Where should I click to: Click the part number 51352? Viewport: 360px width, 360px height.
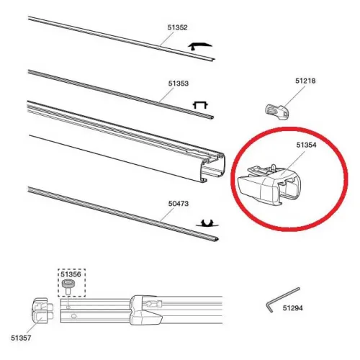point(177,27)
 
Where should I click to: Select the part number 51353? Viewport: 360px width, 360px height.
point(179,84)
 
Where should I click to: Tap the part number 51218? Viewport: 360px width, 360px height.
point(305,81)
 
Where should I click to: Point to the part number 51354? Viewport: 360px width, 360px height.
point(306,145)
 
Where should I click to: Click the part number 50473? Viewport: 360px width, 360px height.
point(179,204)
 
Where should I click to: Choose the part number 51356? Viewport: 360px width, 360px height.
point(71,274)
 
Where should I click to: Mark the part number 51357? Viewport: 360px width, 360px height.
point(21,338)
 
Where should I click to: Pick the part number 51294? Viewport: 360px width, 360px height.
point(292,307)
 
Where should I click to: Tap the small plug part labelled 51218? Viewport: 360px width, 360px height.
point(276,112)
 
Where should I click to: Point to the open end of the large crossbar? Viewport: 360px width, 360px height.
point(213,167)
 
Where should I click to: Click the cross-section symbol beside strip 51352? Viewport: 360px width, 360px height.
point(200,46)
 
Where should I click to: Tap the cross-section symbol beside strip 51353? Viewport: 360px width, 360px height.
point(200,105)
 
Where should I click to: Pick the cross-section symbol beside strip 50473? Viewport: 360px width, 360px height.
point(207,223)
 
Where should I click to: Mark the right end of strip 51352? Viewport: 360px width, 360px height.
point(212,59)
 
